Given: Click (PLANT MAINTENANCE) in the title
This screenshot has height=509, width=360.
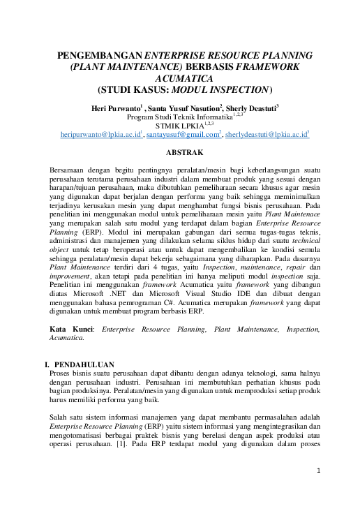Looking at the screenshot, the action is pyautogui.click(x=114, y=66).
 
